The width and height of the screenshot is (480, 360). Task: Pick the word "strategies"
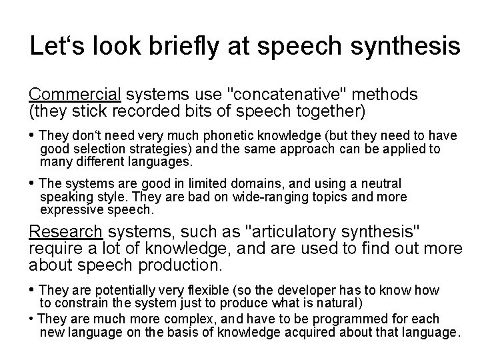tap(167, 148)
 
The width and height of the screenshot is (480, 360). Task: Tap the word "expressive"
tap(71, 209)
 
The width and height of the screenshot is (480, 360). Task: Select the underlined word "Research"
tap(65, 232)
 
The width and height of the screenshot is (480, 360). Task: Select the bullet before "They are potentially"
tap(33, 290)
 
